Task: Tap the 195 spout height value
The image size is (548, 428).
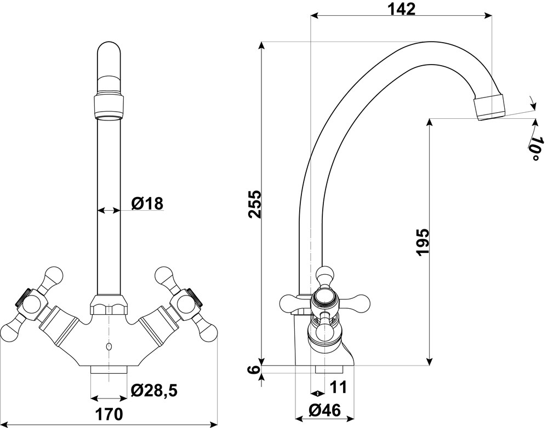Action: pyautogui.click(x=423, y=242)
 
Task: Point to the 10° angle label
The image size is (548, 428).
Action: pyautogui.click(x=536, y=148)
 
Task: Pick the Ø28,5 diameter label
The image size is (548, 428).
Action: pyautogui.click(x=154, y=391)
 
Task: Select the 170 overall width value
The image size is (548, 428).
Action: pyautogui.click(x=109, y=414)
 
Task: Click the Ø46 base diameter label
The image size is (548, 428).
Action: pyautogui.click(x=324, y=410)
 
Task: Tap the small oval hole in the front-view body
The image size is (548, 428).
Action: pyautogui.click(x=109, y=346)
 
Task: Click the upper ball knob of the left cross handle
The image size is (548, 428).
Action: pyautogui.click(x=54, y=275)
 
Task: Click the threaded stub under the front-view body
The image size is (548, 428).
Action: pyautogui.click(x=109, y=370)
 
